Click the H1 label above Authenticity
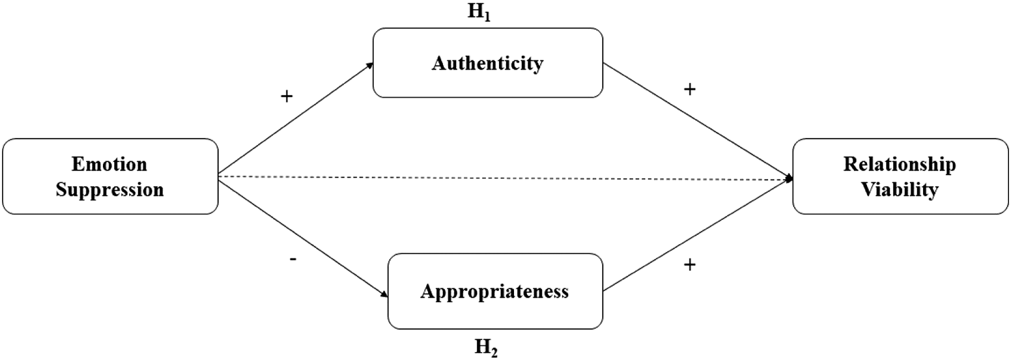click(x=479, y=12)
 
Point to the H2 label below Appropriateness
click(x=486, y=348)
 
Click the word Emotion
click(x=109, y=164)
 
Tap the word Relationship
click(x=900, y=165)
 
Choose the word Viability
click(x=900, y=190)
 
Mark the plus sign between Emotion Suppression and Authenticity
click(x=287, y=96)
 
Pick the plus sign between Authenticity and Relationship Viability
click(x=690, y=90)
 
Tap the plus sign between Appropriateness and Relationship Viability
click(x=690, y=265)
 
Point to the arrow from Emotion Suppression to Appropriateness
click(x=303, y=239)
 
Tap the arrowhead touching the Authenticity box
click(x=369, y=65)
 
